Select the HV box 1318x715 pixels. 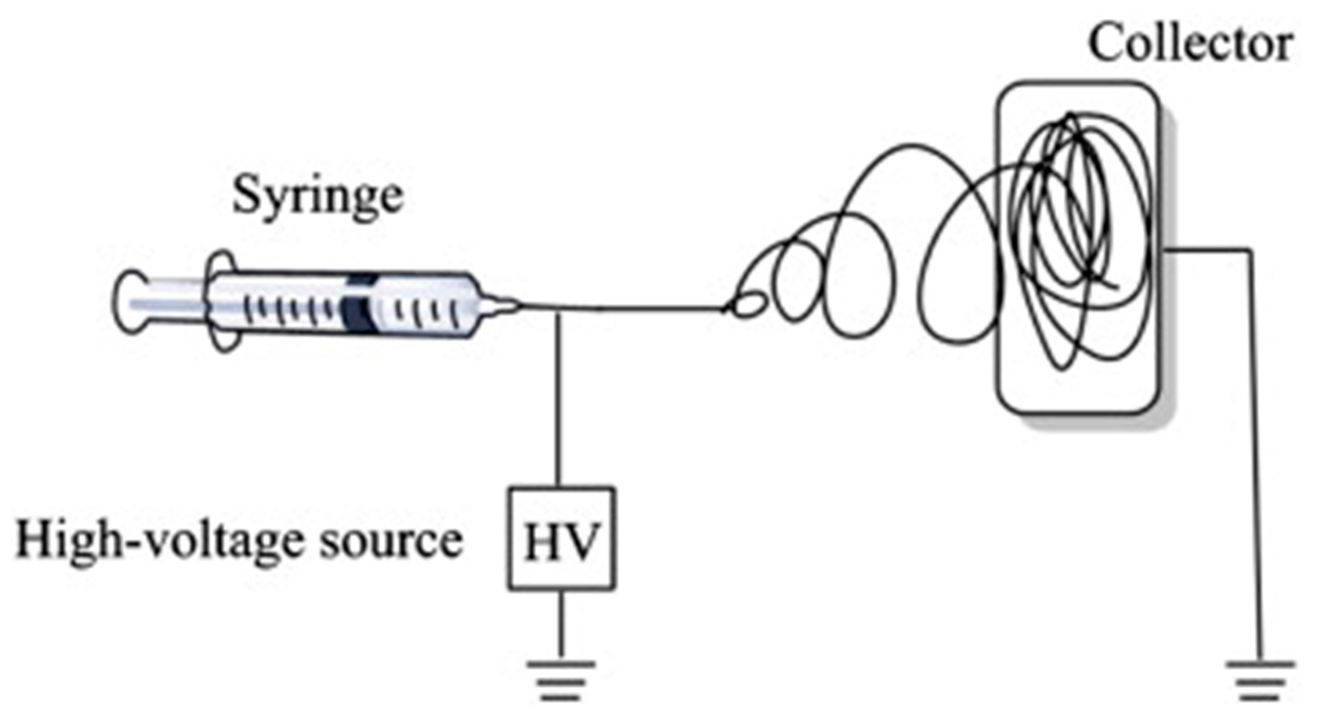(561, 538)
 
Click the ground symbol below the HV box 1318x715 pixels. (561, 680)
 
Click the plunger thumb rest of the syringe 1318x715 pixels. (128, 303)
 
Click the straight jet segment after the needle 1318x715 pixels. (638, 308)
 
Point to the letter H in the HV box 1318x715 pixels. (542, 542)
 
